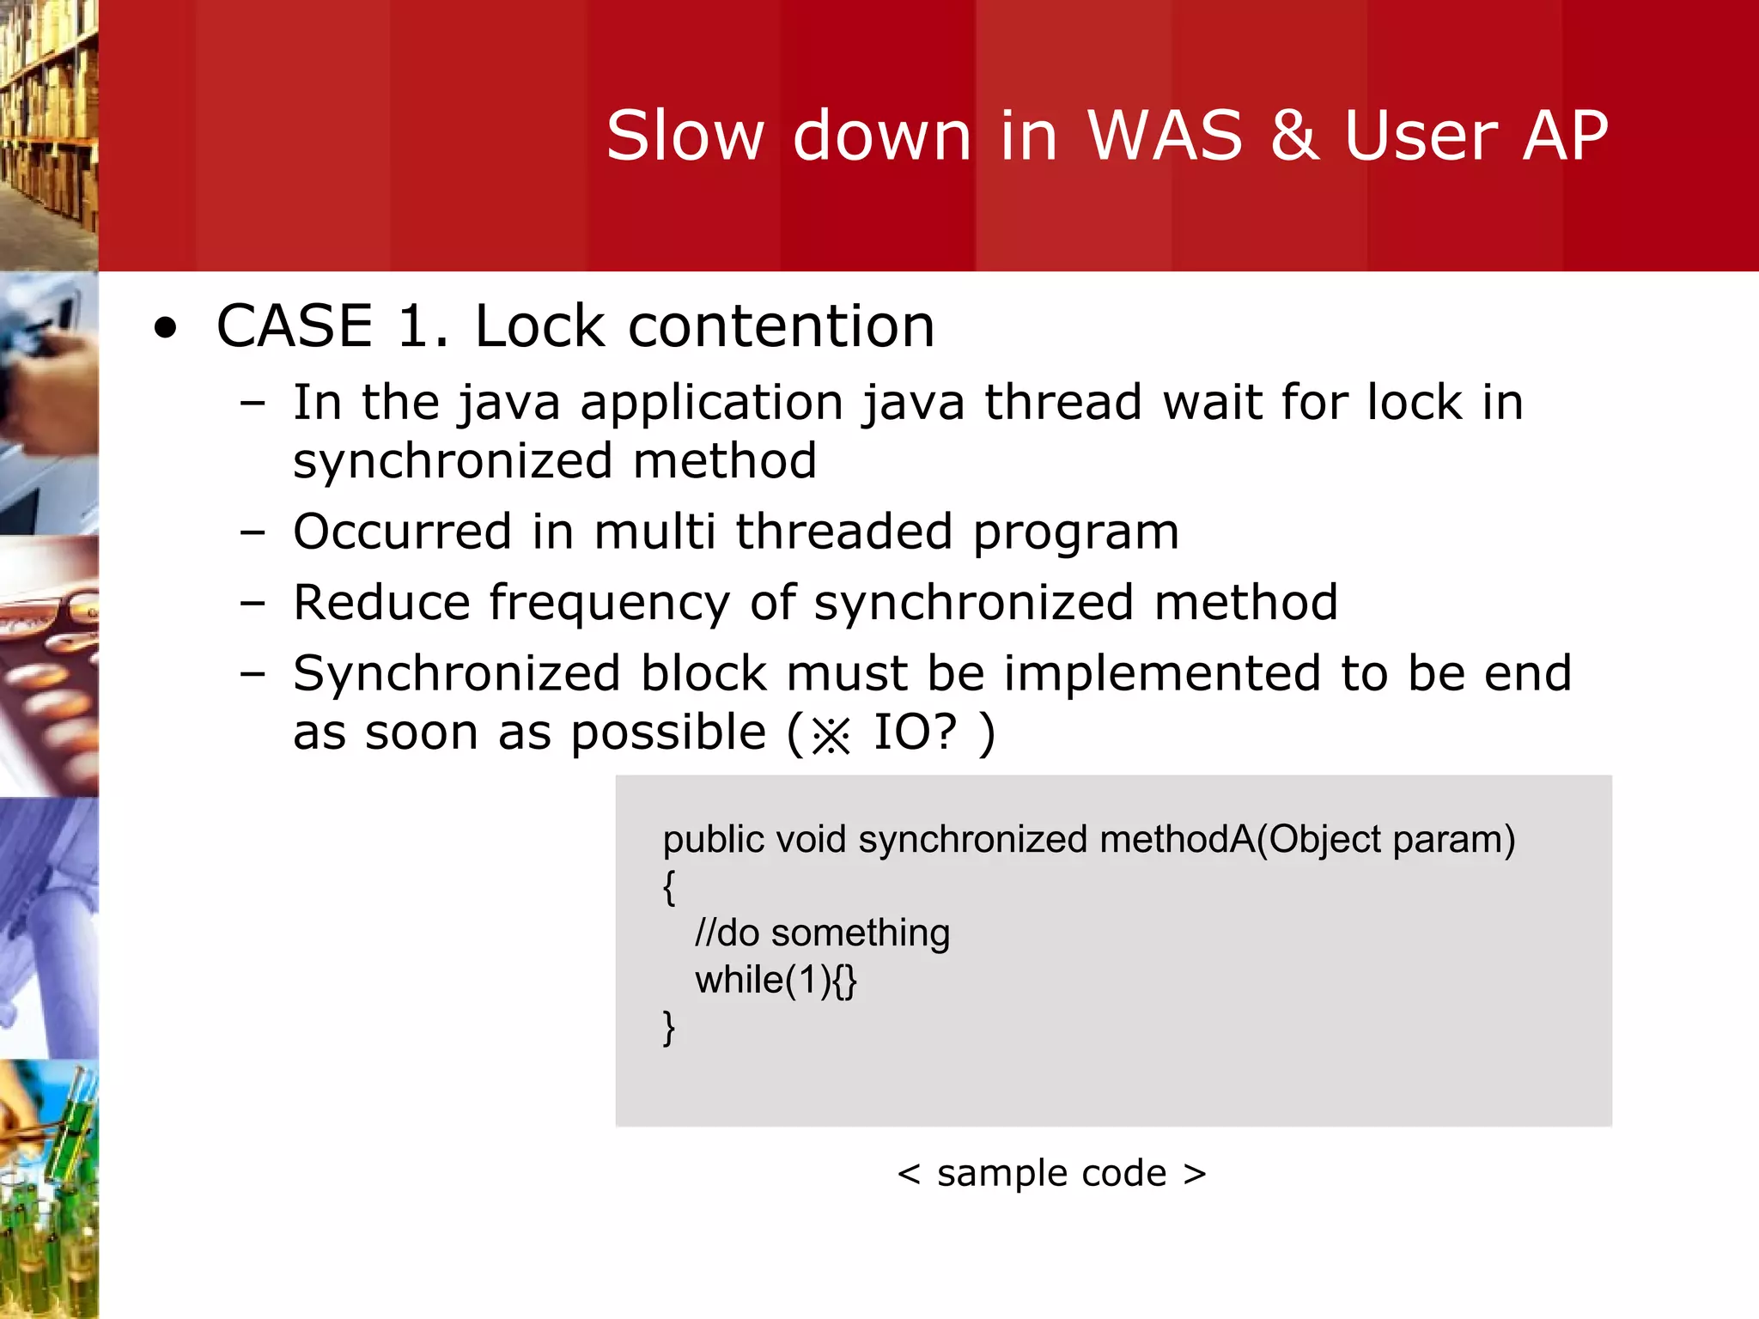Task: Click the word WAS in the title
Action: tap(1165, 136)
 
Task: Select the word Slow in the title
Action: tap(685, 136)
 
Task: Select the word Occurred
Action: tap(402, 531)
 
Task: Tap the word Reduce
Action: tap(381, 602)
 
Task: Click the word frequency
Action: tap(609, 604)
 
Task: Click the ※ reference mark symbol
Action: tap(831, 735)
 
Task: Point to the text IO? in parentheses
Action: tap(914, 732)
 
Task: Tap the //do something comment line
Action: tap(822, 933)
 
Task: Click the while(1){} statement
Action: tap(776, 980)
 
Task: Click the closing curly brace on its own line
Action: tap(669, 1028)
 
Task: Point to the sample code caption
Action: tap(1051, 1173)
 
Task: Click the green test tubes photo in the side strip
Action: tap(49, 1189)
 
